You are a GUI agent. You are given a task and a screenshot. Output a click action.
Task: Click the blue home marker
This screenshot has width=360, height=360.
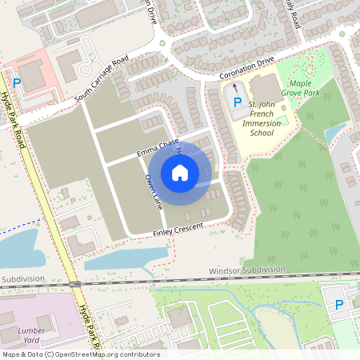(180, 172)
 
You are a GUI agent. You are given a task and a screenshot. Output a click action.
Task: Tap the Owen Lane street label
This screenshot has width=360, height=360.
(152, 190)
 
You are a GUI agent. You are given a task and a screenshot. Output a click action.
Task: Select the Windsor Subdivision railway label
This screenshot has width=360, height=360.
(246, 270)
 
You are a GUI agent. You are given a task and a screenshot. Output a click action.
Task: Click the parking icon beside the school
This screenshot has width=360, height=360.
(238, 101)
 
